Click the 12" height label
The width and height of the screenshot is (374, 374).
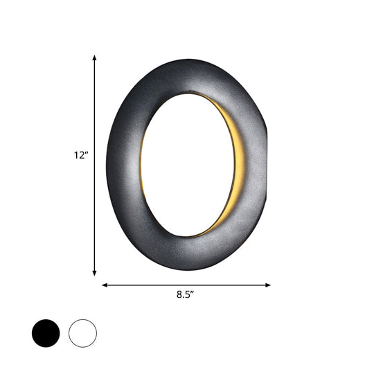pos(81,156)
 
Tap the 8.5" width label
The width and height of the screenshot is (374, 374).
pos(185,294)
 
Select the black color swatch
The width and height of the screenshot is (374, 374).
pos(46,333)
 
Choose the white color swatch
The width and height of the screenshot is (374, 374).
pos(82,333)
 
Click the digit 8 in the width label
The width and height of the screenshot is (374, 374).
pos(179,294)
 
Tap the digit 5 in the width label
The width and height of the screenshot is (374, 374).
pos(187,294)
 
